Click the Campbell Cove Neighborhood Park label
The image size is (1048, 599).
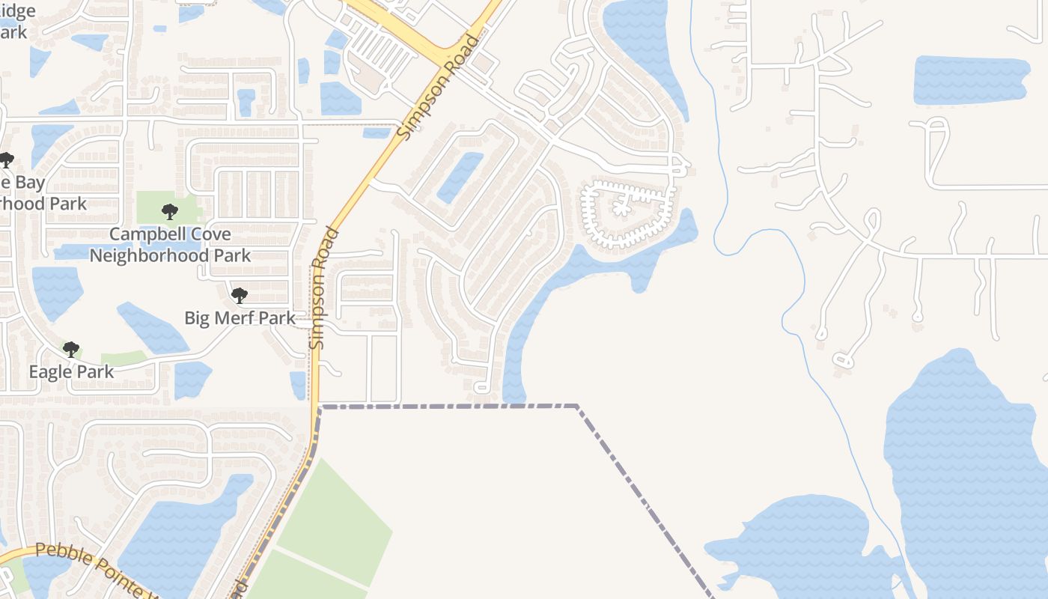point(170,245)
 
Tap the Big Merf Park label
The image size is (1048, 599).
point(240,317)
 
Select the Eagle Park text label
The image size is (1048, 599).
point(71,371)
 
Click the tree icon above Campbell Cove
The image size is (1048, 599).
point(170,211)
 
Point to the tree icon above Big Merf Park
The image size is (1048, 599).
point(239,295)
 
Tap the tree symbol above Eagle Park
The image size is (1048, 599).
point(71,349)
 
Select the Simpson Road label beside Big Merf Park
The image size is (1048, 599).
point(323,288)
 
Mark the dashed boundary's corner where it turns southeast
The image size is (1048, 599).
point(576,407)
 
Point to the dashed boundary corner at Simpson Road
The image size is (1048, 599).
point(320,407)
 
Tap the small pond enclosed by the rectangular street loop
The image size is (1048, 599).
point(460,177)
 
